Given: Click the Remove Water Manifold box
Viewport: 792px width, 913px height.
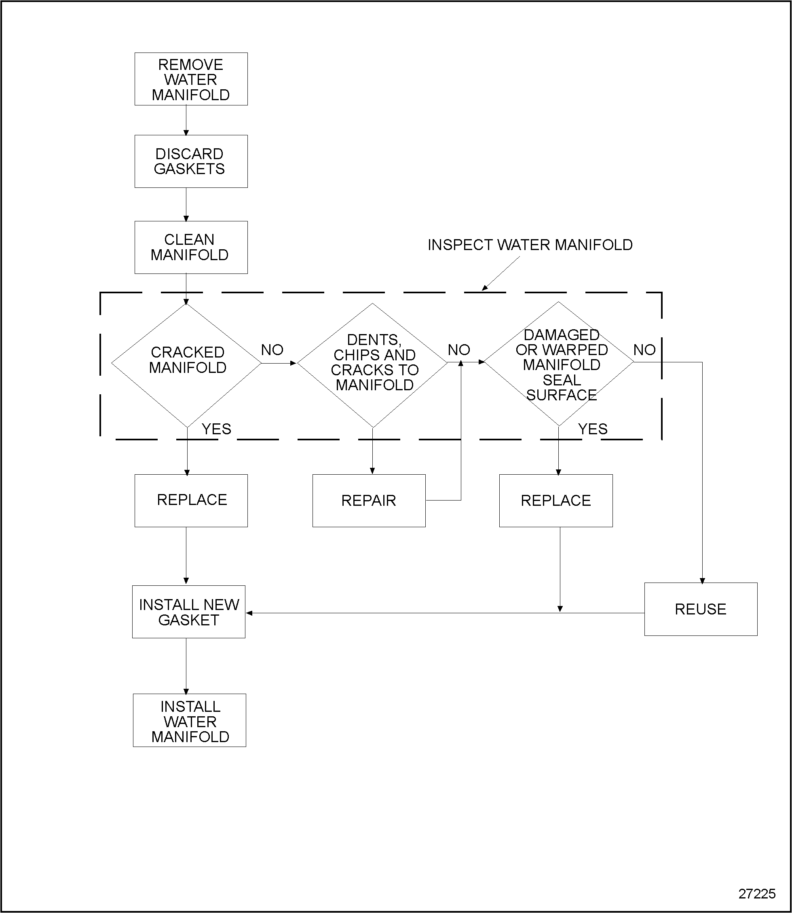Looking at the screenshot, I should click(191, 79).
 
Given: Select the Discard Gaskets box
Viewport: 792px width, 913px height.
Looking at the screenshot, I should click(191, 161).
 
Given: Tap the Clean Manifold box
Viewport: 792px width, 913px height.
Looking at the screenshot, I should click(191, 247).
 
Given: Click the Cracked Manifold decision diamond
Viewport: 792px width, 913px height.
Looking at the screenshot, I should click(186, 365).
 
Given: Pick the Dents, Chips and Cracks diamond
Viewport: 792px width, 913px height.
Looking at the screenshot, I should click(373, 365).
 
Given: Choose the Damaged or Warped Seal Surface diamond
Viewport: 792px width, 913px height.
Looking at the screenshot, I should click(559, 364).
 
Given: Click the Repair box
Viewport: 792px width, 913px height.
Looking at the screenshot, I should click(369, 501).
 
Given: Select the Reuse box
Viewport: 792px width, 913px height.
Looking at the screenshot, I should click(701, 609).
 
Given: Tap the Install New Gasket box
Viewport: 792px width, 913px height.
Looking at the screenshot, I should click(189, 612).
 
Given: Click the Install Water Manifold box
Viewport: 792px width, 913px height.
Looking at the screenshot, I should click(190, 721).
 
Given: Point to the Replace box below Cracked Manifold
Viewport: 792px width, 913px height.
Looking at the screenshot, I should click(191, 501).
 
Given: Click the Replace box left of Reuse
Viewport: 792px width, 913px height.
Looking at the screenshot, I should click(556, 501).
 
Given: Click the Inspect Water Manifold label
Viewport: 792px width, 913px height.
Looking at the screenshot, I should click(530, 245).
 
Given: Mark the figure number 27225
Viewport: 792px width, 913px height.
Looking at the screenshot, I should click(757, 894).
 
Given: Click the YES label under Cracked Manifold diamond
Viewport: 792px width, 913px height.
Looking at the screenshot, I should click(216, 429).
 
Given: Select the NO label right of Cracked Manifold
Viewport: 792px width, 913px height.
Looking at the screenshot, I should click(272, 350).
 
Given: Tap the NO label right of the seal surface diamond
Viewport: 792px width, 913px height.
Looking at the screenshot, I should click(644, 350).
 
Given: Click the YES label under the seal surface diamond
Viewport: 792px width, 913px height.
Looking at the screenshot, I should click(593, 429).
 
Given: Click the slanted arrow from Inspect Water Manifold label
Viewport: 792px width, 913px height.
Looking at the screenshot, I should click(501, 274).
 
